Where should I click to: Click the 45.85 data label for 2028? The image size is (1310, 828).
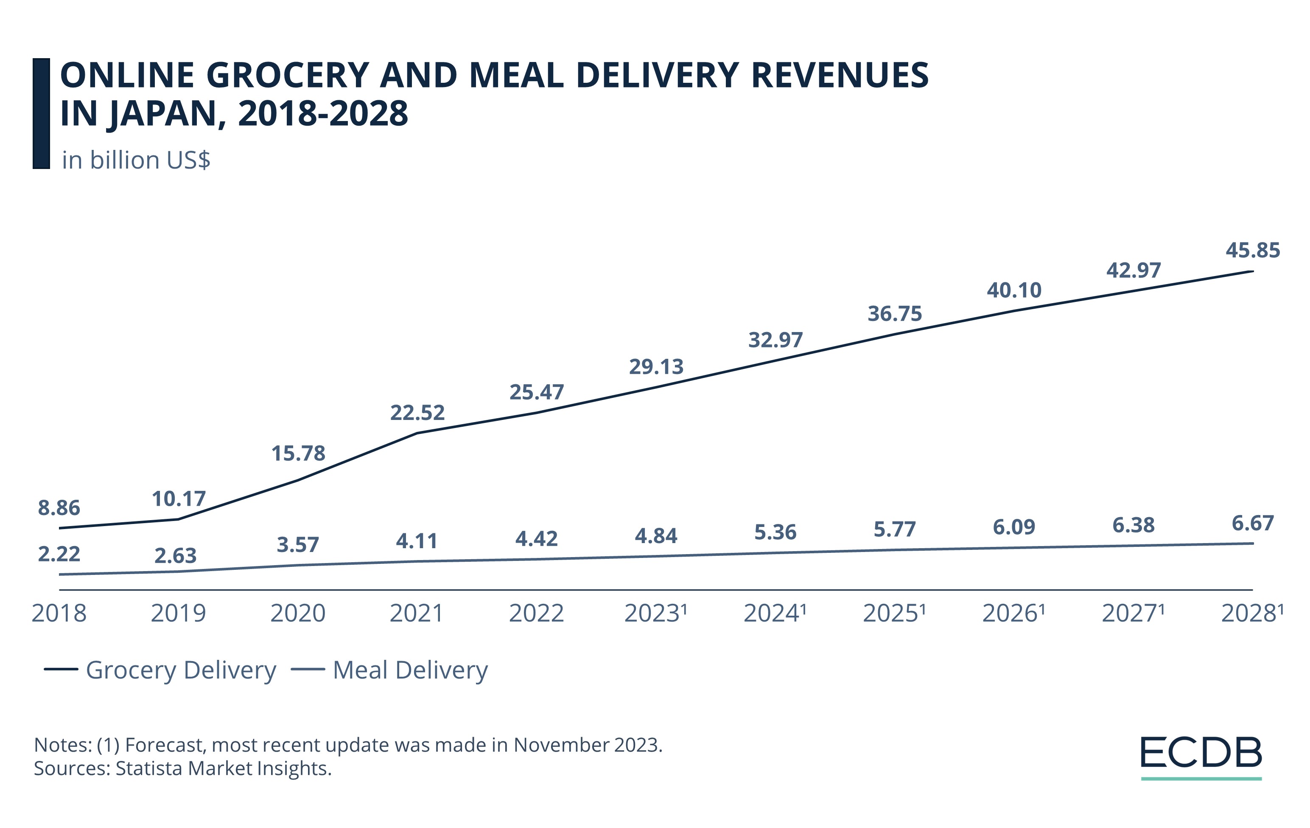(1252, 251)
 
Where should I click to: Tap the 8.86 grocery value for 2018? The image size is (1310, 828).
(59, 508)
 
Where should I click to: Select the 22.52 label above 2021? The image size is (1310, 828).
(417, 413)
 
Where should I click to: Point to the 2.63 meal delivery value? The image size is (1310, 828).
(175, 556)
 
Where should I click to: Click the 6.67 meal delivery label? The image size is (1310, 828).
(1252, 523)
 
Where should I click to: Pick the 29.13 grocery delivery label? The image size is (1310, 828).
(656, 367)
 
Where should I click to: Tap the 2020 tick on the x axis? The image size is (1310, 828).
(297, 614)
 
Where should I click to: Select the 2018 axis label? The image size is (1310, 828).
(59, 614)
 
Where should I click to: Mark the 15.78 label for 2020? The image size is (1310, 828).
(298, 453)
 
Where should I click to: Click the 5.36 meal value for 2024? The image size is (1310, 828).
(775, 532)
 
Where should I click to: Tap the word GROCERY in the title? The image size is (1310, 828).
(287, 75)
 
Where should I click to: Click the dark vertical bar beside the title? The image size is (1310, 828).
(41, 113)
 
